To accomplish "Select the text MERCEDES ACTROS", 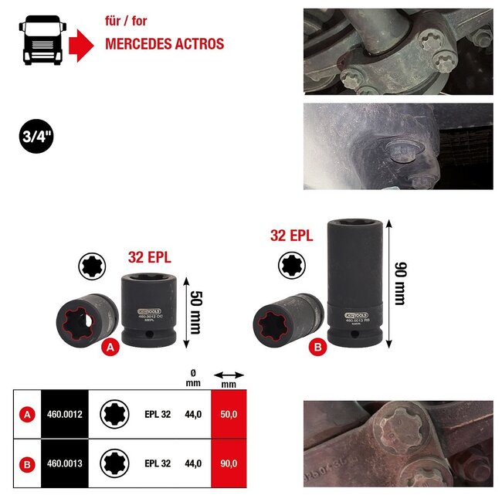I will [x=165, y=44].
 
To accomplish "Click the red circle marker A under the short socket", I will [x=110, y=348].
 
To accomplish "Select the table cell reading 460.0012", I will [x=64, y=414].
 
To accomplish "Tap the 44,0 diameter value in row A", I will [x=193, y=414].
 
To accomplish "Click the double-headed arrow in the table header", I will [x=228, y=375].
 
